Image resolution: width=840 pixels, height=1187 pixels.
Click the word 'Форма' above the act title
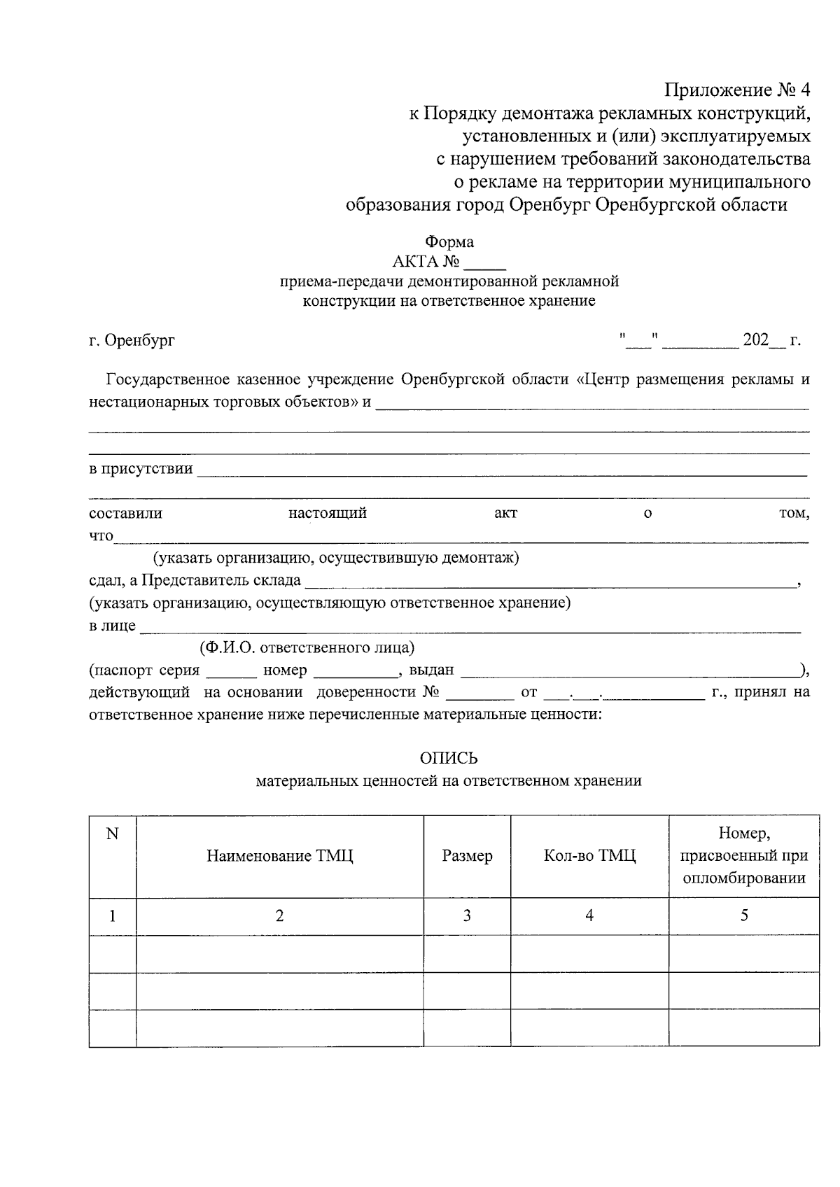(x=449, y=242)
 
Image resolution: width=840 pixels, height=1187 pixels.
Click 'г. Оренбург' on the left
(x=132, y=341)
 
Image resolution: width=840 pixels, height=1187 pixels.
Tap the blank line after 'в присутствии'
(x=501, y=470)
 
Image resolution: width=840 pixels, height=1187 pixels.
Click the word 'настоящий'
(x=328, y=514)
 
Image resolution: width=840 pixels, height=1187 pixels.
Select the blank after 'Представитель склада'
(x=549, y=581)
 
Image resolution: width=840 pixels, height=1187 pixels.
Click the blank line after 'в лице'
(x=469, y=626)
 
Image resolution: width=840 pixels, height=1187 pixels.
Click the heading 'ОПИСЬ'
(x=449, y=759)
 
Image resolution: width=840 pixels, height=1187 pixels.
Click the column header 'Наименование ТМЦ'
(x=279, y=856)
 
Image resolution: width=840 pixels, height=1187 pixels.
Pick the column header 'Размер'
(x=467, y=856)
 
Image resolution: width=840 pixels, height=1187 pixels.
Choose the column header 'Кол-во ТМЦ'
(x=589, y=856)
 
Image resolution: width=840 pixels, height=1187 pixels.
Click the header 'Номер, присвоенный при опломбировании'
(x=743, y=856)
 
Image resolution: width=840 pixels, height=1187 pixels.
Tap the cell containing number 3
(x=467, y=915)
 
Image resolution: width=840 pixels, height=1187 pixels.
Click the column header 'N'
(x=112, y=834)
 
